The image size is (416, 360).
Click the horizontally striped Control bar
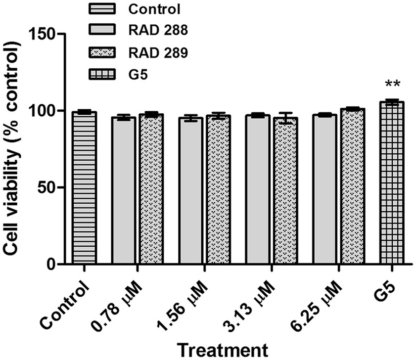[x=84, y=188]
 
